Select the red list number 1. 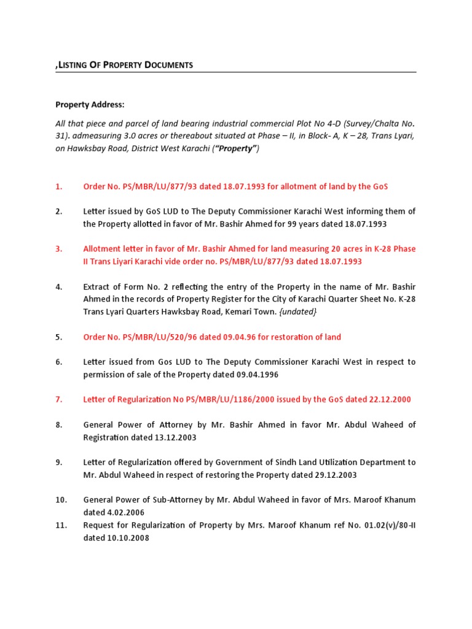[59, 186]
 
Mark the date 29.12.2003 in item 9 [334, 475]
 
